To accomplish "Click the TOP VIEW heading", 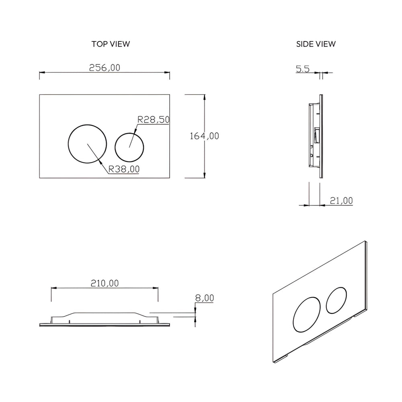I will click(111, 44).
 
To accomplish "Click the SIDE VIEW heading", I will click(316, 44).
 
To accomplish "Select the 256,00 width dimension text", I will click(105, 68).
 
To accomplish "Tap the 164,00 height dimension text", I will click(204, 136).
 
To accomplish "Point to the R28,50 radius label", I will click(154, 119).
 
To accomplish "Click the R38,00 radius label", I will click(124, 170).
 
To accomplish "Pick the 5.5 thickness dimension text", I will click(303, 69).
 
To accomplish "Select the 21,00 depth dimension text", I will click(341, 200).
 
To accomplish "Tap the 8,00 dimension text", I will click(204, 298).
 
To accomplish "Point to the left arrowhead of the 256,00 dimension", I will click(41, 73).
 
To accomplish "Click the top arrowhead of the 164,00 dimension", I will click(205, 97).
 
